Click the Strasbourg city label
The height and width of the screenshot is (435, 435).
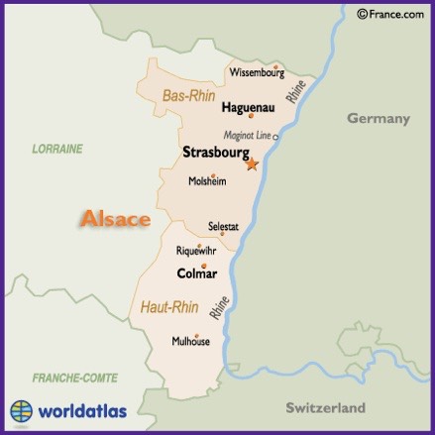click(214, 154)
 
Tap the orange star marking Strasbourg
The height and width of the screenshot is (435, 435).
click(252, 164)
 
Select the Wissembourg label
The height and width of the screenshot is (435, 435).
click(257, 72)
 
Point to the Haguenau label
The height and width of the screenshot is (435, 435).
click(247, 107)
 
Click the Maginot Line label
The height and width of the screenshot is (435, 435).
click(247, 135)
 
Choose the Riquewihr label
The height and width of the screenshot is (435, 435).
click(195, 252)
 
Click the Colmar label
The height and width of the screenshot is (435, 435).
click(196, 273)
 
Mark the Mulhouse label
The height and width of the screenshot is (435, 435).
click(191, 342)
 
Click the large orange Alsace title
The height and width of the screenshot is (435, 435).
click(115, 219)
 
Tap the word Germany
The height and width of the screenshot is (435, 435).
click(378, 118)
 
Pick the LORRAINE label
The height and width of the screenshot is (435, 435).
click(57, 149)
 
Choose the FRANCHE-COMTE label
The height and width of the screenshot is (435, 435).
click(74, 378)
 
